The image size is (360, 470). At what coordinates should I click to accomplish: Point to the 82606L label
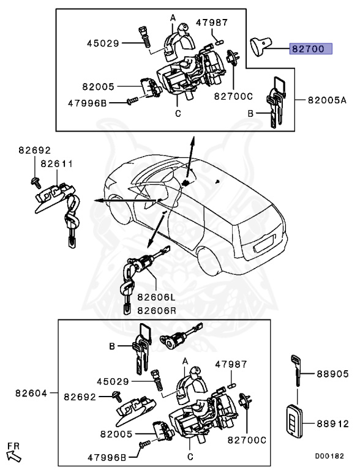[156, 297]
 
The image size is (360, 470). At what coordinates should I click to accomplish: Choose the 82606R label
[156, 310]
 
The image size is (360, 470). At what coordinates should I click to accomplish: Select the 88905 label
[332, 373]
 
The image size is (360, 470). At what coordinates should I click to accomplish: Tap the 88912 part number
[332, 422]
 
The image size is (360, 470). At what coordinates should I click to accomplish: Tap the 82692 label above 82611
[34, 150]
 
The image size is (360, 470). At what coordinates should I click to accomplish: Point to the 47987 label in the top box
[212, 23]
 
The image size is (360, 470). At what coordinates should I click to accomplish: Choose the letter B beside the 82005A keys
[250, 113]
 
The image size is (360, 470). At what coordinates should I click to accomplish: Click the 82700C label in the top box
[233, 96]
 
